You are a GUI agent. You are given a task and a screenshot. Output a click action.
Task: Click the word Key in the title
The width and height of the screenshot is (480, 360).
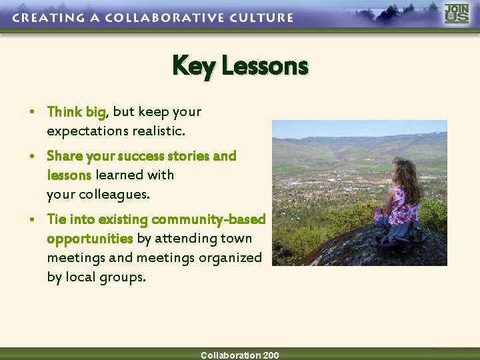(x=194, y=66)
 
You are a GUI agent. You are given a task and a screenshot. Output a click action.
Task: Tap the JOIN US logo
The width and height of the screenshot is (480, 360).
(x=457, y=14)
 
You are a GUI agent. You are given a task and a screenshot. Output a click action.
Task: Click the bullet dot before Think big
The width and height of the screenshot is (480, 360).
(x=33, y=112)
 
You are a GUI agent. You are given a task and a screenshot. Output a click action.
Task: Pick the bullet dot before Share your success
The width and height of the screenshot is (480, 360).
(x=33, y=156)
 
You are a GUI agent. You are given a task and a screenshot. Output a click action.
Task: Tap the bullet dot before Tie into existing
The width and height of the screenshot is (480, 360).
(x=33, y=219)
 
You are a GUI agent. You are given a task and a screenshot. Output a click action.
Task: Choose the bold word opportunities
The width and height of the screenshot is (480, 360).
(x=90, y=239)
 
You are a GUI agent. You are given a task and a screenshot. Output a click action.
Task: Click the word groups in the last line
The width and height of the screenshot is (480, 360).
(x=122, y=277)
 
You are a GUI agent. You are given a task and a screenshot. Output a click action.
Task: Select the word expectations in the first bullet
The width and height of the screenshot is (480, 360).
(x=87, y=131)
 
